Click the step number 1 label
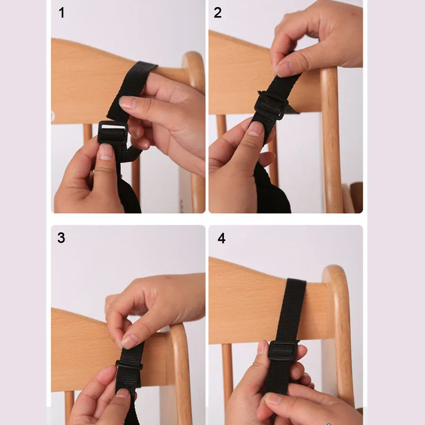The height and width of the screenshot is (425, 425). pos(61,13)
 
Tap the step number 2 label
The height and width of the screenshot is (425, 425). pos(217,13)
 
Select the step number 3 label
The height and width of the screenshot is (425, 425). pos(61,238)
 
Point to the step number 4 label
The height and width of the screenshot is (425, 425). pos(221,238)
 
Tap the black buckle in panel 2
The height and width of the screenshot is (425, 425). pos(271,105)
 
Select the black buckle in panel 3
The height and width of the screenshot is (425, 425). pos(129,365)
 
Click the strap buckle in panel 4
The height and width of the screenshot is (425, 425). pos(282,350)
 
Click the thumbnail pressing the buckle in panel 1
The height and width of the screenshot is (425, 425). pos(106,152)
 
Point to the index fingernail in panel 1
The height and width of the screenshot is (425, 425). pos(127,102)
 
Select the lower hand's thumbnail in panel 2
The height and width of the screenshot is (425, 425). pos(255,130)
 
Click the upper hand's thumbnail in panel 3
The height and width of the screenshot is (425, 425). pos(129,340)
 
